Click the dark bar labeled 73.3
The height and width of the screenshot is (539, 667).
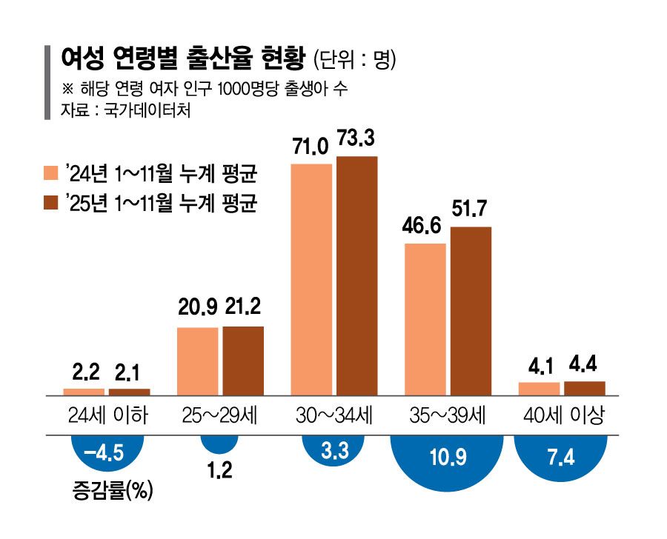pyautogui.click(x=357, y=276)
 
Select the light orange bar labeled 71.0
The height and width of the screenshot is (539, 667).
pyautogui.click(x=311, y=280)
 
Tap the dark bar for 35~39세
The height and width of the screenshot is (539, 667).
pyautogui.click(x=471, y=311)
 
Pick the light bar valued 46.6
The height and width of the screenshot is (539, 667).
pyautogui.click(x=425, y=320)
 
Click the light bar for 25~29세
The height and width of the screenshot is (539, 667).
pyautogui.click(x=198, y=361)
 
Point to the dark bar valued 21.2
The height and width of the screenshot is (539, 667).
pyautogui.click(x=243, y=361)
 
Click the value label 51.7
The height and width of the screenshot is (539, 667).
pyautogui.click(x=469, y=209)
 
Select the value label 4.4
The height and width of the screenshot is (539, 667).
pyautogui.click(x=583, y=365)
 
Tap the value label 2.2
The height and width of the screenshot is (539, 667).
pyautogui.click(x=86, y=372)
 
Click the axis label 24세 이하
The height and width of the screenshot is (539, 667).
pyautogui.click(x=108, y=415)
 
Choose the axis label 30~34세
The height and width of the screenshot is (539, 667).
pyautogui.click(x=334, y=415)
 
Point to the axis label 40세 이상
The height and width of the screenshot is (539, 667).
pyautogui.click(x=564, y=415)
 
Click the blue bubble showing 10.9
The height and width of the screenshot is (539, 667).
pyautogui.click(x=447, y=463)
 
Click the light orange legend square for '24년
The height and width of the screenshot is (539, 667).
pyautogui.click(x=51, y=173)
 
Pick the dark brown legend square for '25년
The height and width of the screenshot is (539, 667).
pyautogui.click(x=51, y=202)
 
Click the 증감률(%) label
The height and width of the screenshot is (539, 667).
pyautogui.click(x=113, y=491)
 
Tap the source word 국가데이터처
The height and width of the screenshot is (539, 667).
pyautogui.click(x=147, y=110)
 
